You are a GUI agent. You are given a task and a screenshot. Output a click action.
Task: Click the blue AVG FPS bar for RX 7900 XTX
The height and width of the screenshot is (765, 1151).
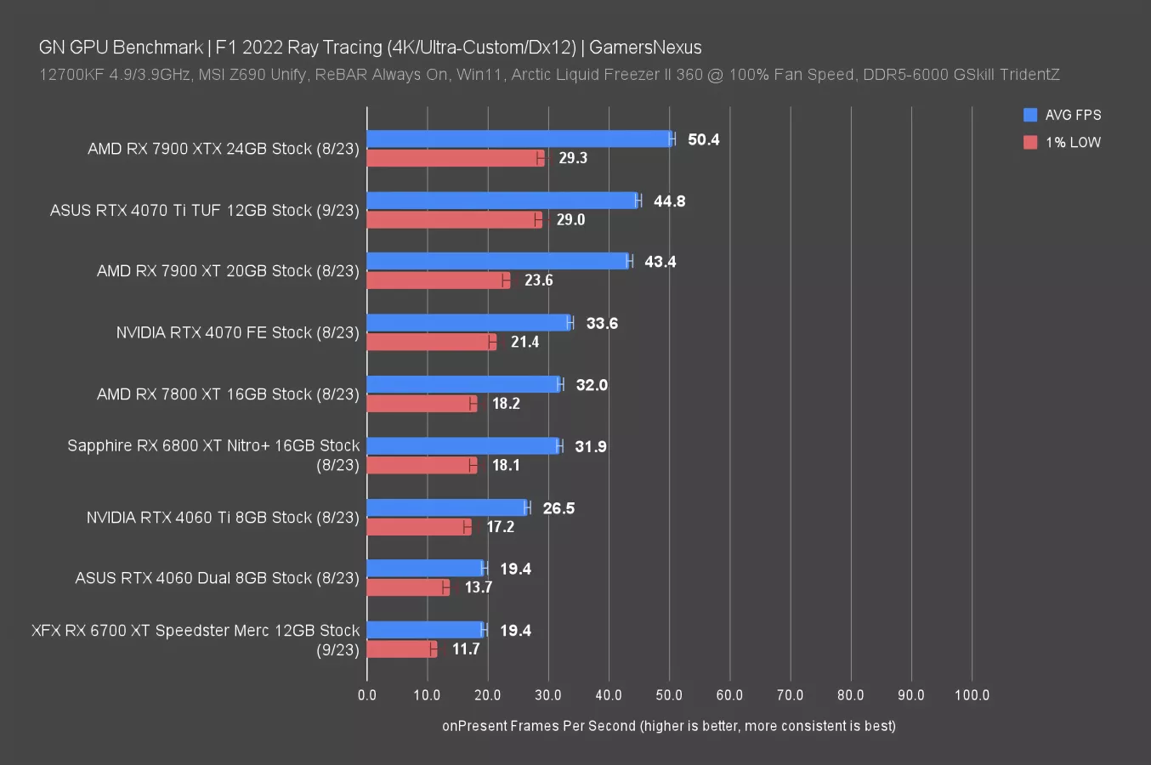click(519, 139)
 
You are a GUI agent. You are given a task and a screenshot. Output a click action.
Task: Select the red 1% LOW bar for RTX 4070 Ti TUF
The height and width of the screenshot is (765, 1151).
click(454, 220)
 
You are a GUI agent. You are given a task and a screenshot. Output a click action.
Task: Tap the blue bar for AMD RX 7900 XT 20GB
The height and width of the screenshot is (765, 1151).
click(498, 262)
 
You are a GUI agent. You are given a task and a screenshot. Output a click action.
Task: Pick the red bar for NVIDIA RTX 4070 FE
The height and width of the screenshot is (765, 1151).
click(431, 342)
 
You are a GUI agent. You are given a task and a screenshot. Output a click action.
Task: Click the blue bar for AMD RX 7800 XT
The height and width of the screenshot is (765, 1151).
click(463, 385)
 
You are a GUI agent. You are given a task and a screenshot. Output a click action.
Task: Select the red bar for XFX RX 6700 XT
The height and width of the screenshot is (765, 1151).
click(401, 649)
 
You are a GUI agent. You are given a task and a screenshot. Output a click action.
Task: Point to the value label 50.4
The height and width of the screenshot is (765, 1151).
click(703, 139)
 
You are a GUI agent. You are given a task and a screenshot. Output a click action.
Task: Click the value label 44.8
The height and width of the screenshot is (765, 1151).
click(669, 201)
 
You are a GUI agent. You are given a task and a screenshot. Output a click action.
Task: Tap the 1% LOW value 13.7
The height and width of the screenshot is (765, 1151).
click(479, 587)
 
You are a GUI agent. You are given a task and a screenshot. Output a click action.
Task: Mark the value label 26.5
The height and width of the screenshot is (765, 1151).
click(558, 508)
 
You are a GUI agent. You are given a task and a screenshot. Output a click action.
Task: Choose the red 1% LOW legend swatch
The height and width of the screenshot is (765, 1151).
click(1030, 142)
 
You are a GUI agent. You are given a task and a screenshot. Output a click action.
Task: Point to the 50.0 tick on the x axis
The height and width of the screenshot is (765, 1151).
click(669, 695)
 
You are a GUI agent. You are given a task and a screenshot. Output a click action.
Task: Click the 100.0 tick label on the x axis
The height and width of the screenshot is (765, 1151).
click(972, 695)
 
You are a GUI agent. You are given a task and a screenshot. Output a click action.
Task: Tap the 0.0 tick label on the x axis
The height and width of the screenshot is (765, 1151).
click(367, 695)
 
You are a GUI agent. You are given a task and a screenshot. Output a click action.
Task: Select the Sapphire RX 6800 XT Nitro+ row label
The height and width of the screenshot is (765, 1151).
click(213, 455)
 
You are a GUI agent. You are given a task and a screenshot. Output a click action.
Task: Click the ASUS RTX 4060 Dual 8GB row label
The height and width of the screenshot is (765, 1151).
click(217, 578)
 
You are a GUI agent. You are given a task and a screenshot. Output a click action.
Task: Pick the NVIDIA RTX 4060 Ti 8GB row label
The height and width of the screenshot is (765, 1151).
click(223, 518)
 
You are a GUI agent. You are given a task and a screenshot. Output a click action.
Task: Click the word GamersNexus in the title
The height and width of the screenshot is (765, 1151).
click(645, 48)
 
